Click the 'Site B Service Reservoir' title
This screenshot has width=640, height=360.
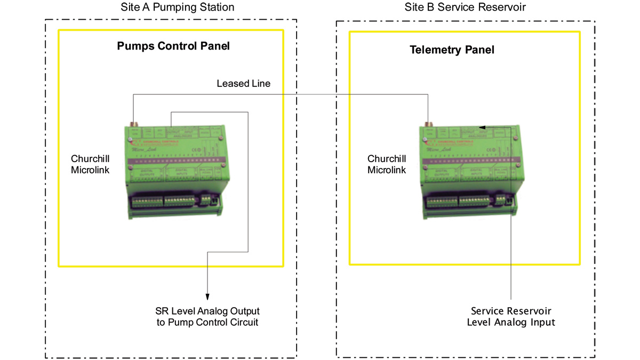tap(465, 7)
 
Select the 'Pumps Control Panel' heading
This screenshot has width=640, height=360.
tap(173, 46)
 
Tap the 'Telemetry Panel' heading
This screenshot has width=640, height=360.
tap(452, 50)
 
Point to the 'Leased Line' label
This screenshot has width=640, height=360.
tap(243, 84)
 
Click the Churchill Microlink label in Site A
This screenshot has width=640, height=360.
tap(90, 164)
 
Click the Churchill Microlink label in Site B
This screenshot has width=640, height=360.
tap(387, 164)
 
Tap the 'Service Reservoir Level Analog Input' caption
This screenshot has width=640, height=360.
tap(510, 316)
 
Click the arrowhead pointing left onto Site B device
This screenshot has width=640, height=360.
tap(482, 127)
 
